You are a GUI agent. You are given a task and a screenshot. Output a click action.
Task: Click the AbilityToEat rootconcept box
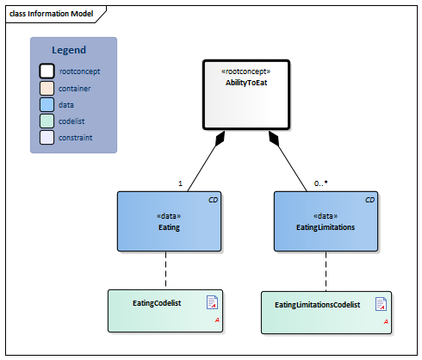click(x=246, y=95)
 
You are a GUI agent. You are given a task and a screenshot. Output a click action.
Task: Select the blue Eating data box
click(x=169, y=221)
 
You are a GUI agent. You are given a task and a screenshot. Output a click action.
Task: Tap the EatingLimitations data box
click(x=326, y=221)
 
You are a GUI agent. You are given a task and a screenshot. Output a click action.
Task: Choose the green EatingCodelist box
click(x=165, y=311)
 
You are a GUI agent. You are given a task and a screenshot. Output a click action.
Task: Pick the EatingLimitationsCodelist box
click(x=326, y=313)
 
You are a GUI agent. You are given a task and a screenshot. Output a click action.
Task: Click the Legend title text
click(x=69, y=50)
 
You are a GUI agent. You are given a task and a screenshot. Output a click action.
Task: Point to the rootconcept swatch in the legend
click(x=47, y=71)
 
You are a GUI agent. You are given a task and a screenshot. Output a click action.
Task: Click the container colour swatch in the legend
click(x=47, y=88)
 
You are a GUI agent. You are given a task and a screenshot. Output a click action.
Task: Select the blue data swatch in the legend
click(x=47, y=104)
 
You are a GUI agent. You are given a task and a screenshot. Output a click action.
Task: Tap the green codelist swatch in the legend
click(x=47, y=121)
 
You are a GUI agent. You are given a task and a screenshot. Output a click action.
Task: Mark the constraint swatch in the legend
click(x=47, y=137)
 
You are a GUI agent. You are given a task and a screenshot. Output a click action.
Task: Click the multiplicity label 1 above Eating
click(x=180, y=183)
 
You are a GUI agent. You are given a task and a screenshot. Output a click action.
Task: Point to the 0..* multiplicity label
click(x=320, y=183)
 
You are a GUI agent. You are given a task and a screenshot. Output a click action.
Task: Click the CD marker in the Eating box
click(x=213, y=200)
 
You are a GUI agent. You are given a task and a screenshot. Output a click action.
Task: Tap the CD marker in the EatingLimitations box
click(x=369, y=200)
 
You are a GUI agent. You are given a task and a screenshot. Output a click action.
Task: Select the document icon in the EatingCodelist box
click(x=212, y=302)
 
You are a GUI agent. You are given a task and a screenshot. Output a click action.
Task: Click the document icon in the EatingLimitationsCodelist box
click(x=381, y=304)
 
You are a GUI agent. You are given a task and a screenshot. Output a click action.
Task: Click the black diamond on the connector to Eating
click(x=220, y=139)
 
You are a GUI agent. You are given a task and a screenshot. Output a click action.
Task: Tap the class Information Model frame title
click(x=52, y=14)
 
